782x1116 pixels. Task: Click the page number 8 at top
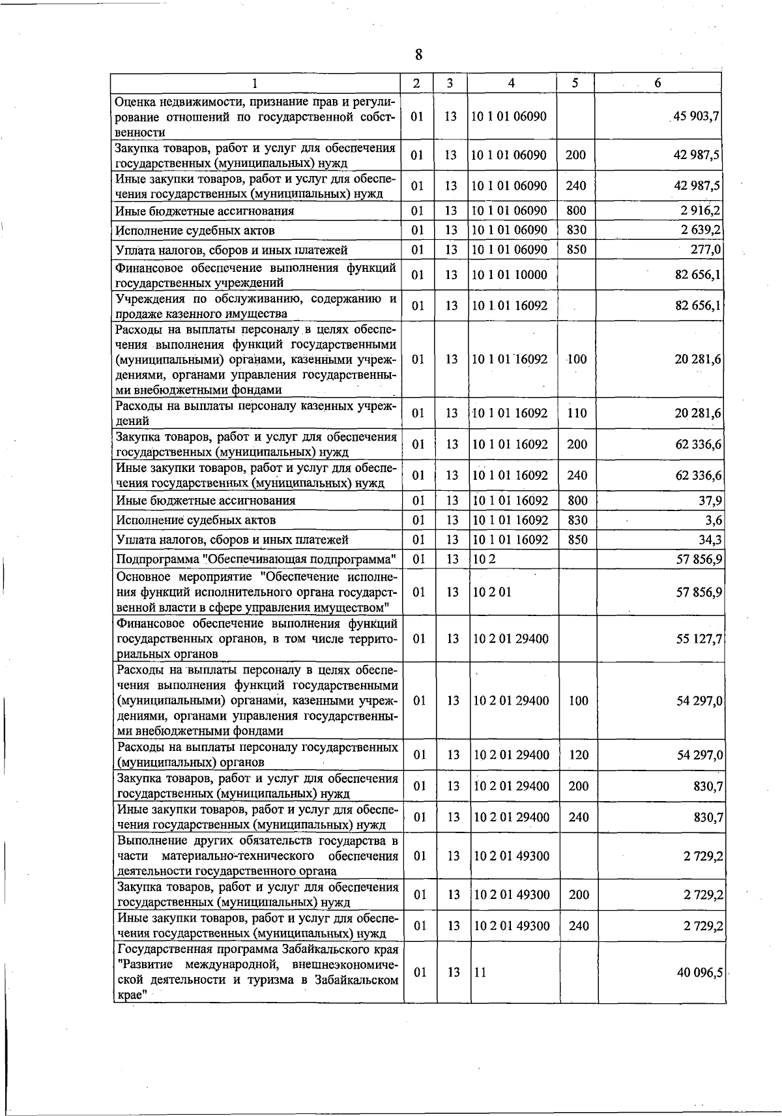[x=418, y=54]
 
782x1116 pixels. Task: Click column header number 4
[x=512, y=83]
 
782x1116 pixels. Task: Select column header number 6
[x=658, y=83]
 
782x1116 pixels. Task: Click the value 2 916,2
[x=700, y=211]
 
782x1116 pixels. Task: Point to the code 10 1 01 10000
[x=510, y=275]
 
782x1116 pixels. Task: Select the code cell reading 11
[x=480, y=972]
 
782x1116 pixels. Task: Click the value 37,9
[x=710, y=501]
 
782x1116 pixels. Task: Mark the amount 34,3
[x=710, y=540]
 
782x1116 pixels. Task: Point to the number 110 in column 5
[x=577, y=413]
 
